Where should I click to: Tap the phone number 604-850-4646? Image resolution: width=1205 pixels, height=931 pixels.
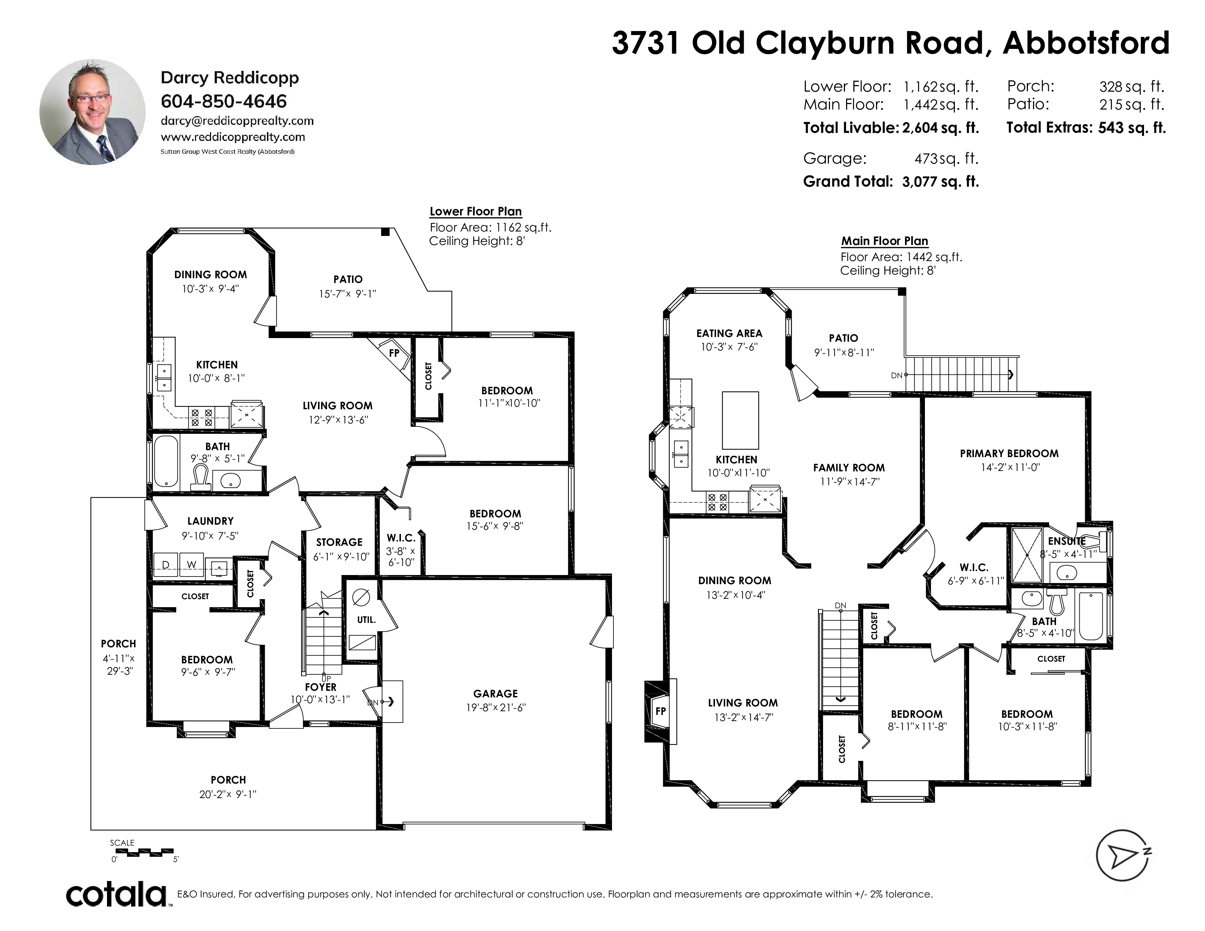point(223,101)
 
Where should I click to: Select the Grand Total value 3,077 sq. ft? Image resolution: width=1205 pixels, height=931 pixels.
point(941,181)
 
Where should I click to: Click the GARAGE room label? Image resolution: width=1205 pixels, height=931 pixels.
point(496,694)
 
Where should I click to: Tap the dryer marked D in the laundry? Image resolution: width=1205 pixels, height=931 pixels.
point(165,565)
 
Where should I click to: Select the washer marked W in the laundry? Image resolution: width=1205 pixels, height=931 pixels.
point(191,565)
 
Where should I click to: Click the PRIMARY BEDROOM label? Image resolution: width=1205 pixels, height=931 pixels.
point(1009,453)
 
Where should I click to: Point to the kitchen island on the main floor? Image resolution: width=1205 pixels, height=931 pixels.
point(741,420)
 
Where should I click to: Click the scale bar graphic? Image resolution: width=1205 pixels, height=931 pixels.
point(142,852)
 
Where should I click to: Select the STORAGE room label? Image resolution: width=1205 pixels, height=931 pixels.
point(339,542)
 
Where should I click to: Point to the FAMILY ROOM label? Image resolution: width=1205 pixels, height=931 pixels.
point(849,468)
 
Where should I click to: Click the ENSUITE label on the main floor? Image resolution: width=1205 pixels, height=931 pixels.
point(1067,541)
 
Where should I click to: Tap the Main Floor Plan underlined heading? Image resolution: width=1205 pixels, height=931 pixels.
point(884,241)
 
